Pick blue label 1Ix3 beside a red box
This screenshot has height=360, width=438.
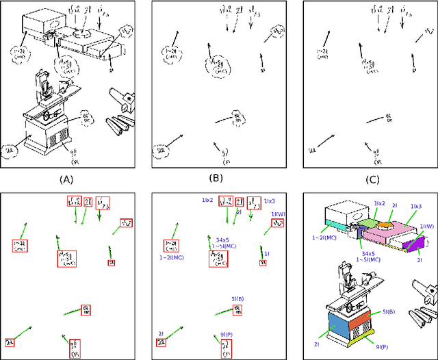(x=270, y=200)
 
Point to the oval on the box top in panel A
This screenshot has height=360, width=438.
(x=52, y=22)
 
